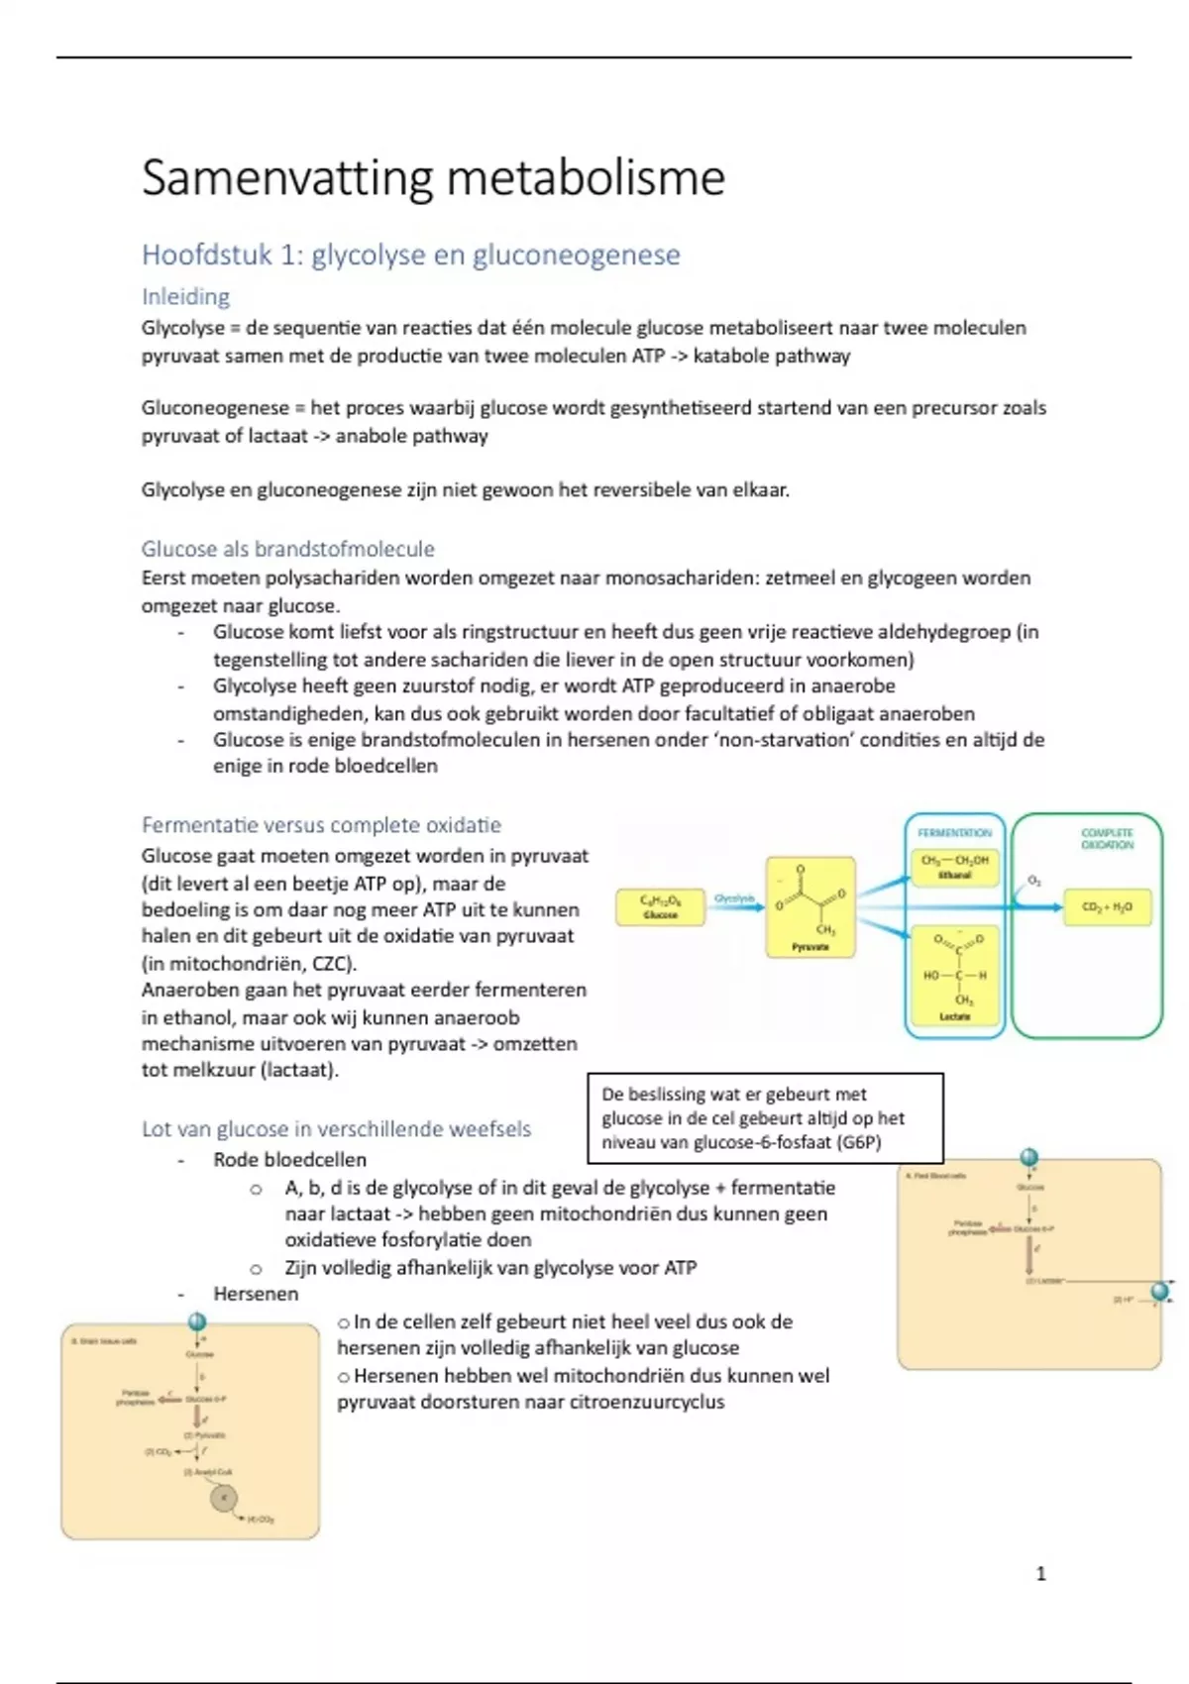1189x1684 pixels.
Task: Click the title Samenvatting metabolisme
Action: click(433, 178)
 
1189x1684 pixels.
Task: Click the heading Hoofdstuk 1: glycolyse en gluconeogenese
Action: click(410, 255)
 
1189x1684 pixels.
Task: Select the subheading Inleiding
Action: click(185, 296)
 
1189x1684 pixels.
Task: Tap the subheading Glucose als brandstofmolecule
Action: click(287, 549)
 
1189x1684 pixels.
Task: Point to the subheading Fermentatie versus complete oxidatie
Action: click(321, 825)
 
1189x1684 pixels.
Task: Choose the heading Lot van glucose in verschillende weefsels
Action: click(336, 1129)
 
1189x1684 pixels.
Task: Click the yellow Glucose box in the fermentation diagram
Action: click(660, 907)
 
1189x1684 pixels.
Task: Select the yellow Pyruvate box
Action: click(810, 907)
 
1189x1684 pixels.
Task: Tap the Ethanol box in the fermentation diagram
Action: click(954, 867)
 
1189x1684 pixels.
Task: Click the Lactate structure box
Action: click(954, 977)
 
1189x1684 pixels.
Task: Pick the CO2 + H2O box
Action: click(1107, 907)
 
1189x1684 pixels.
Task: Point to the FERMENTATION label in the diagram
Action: click(954, 833)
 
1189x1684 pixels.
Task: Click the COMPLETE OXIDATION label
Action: click(1107, 839)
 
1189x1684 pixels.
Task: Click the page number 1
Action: click(1040, 1573)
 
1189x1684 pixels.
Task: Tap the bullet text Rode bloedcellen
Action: click(289, 1160)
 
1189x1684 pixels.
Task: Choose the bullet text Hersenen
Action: click(256, 1294)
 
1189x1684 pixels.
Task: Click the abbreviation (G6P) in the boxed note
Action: click(858, 1142)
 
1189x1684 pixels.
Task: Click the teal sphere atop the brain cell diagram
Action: click(196, 1321)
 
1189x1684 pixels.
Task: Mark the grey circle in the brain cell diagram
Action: click(224, 1499)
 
